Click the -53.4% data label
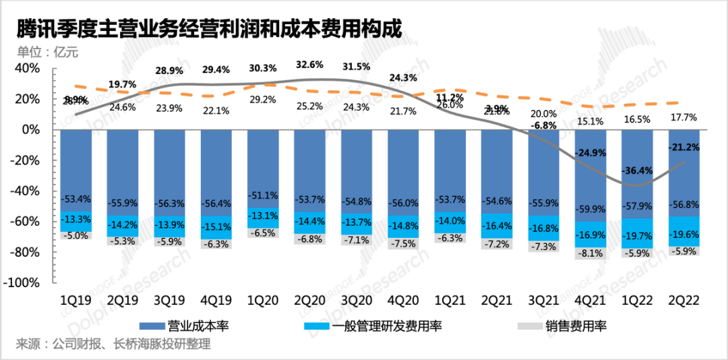(75, 200)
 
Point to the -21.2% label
(684, 147)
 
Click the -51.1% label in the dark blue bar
(263, 196)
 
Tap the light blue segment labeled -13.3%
(75, 219)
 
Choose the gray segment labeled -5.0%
(75, 236)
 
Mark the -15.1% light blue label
(216, 227)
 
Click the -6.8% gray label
(309, 239)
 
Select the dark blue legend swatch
(152, 326)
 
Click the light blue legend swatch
(317, 326)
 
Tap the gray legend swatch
(530, 326)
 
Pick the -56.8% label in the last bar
(684, 205)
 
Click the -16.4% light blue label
(497, 227)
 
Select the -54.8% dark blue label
(356, 202)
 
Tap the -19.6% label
(684, 235)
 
